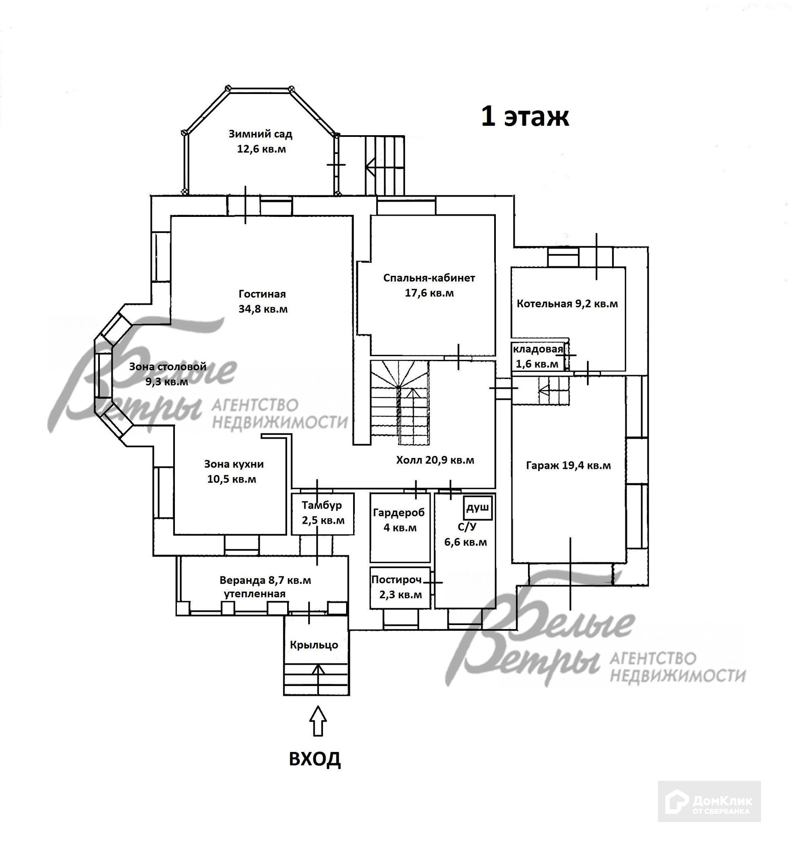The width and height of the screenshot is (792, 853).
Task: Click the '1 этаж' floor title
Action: (x=525, y=117)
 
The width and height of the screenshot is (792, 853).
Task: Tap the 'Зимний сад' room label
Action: (x=260, y=134)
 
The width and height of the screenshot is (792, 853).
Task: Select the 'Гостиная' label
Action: (x=262, y=294)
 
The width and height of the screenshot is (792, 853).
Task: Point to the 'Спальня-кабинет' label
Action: (x=429, y=278)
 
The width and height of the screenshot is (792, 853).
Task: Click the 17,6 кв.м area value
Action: (x=429, y=294)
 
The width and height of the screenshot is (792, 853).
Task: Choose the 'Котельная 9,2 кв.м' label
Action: (x=567, y=304)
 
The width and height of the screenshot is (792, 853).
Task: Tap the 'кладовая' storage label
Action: (x=538, y=349)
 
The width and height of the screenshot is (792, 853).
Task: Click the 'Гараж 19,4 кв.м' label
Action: (x=568, y=466)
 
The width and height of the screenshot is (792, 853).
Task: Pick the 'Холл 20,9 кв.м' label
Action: (x=435, y=461)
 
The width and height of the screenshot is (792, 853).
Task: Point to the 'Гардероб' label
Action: (x=398, y=512)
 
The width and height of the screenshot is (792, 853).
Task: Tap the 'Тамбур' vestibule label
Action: (x=322, y=505)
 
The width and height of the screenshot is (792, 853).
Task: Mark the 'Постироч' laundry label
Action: (x=396, y=580)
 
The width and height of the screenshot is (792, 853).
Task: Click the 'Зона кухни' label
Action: (x=233, y=464)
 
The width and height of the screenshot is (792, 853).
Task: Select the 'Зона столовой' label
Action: (x=167, y=367)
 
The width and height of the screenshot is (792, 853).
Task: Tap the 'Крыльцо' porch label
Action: (x=314, y=645)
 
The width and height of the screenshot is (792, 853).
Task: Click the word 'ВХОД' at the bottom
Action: (x=315, y=759)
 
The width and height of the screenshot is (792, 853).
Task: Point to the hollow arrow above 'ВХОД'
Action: (x=318, y=721)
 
